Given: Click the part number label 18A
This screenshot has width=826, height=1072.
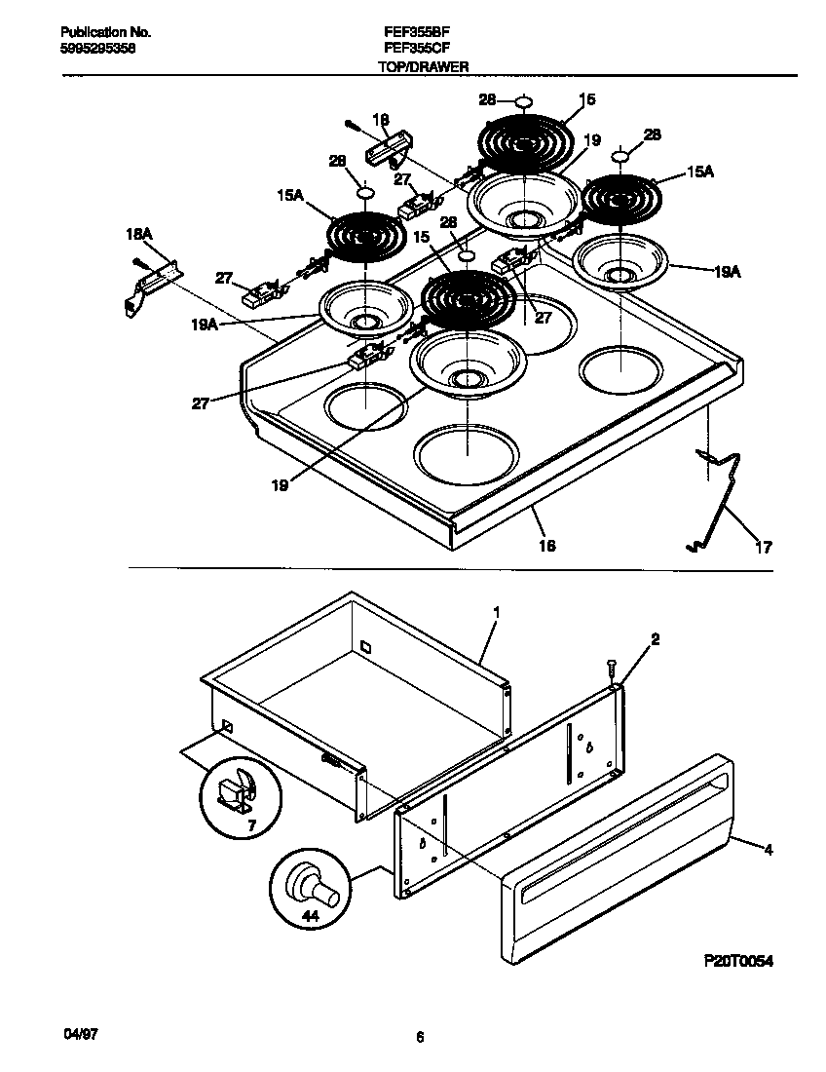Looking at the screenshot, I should [x=140, y=233].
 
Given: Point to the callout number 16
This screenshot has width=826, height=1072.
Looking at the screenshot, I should [x=547, y=546].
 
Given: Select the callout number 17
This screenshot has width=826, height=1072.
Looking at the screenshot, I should [x=765, y=548].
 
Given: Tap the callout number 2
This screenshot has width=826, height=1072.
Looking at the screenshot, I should [x=655, y=639].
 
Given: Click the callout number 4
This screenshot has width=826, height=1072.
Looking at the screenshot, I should [x=769, y=850].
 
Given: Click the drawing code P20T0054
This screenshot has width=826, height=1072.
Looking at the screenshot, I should [x=737, y=961].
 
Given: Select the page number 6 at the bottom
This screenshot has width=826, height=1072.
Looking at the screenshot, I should [x=420, y=1038].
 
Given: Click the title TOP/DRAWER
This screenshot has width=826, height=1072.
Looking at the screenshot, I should [x=424, y=67].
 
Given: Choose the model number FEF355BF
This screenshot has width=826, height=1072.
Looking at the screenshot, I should [x=416, y=31].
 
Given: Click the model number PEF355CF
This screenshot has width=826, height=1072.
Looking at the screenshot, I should [x=416, y=47].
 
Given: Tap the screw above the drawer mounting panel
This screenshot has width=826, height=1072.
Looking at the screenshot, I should [x=610, y=670].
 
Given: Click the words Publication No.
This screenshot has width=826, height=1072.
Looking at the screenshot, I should [x=98, y=31].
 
